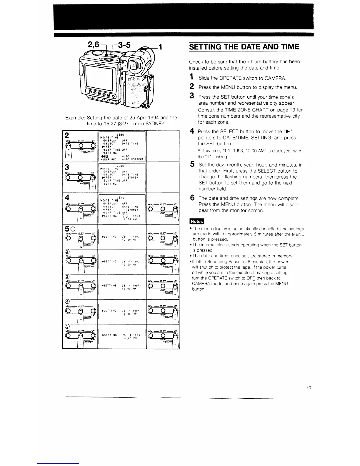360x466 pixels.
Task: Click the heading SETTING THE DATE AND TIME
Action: (244, 47)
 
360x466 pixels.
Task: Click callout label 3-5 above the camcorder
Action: (123, 46)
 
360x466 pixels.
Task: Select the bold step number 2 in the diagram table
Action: (67, 136)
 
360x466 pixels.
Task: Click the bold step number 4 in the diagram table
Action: (67, 197)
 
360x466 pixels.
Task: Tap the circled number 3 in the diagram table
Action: (67, 276)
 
